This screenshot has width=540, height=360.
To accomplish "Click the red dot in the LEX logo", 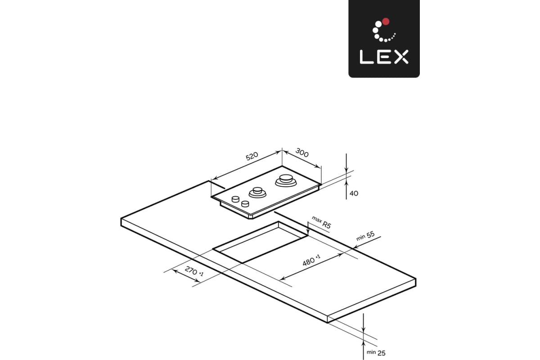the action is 386,21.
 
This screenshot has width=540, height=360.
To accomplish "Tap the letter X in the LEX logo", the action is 401,57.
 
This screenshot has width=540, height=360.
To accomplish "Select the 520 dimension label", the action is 252,156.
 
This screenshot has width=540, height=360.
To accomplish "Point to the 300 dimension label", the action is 302,153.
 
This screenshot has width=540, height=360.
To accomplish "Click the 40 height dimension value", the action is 354,193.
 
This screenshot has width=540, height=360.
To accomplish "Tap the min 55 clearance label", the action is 365,236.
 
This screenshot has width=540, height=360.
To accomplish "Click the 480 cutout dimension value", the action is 311,260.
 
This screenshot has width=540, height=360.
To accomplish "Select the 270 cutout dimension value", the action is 194,271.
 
